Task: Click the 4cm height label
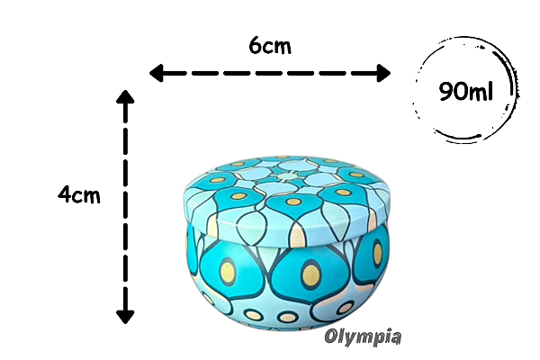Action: pyautogui.click(x=78, y=194)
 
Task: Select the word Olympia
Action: pyautogui.click(x=363, y=337)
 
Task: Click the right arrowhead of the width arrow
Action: pyautogui.click(x=384, y=72)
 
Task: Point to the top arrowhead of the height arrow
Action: pyautogui.click(x=125, y=97)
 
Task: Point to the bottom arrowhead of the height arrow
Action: pyautogui.click(x=125, y=315)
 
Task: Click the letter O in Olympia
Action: pyautogui.click(x=332, y=337)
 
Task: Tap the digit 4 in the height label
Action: pyautogui.click(x=64, y=194)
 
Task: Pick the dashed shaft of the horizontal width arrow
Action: pyautogui.click(x=270, y=72)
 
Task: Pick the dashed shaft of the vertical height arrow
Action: pyautogui.click(x=125, y=207)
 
